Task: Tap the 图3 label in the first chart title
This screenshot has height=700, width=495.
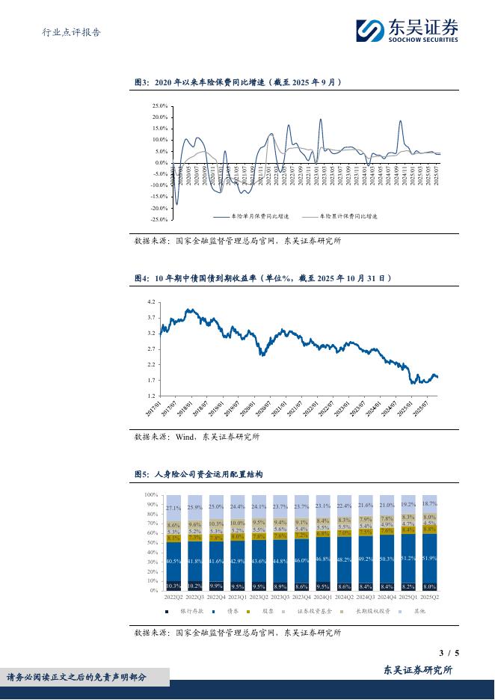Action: (142, 83)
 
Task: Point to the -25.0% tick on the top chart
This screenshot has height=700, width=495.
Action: (158, 220)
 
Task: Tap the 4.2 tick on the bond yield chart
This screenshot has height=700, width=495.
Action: (150, 301)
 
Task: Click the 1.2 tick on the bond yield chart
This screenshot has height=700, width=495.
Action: (150, 396)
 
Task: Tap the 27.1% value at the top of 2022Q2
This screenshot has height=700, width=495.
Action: (173, 509)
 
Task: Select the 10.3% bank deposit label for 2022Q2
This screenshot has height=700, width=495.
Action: (173, 586)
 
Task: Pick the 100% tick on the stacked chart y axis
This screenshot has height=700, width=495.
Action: (150, 495)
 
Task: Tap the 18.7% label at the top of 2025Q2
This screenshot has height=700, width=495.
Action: (430, 505)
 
